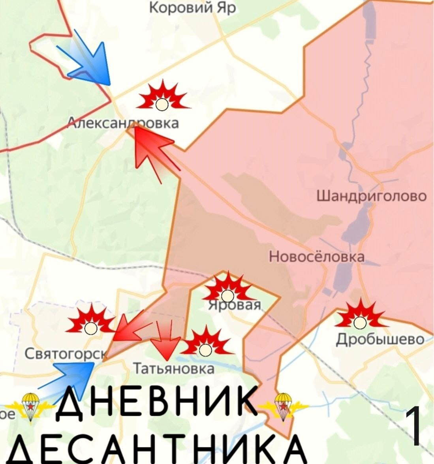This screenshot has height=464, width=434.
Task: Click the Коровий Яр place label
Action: click(192, 7)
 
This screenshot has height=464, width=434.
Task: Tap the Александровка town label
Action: click(124, 123)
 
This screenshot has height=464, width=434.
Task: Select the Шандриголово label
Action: click(372, 196)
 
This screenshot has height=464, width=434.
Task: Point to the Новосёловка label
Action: click(317, 256)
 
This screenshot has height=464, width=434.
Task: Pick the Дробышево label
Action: click(380, 339)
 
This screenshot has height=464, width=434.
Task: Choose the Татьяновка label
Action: click(174, 369)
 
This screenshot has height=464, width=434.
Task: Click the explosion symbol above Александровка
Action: click(162, 96)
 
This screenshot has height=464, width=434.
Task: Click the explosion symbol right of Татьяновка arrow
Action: click(205, 344)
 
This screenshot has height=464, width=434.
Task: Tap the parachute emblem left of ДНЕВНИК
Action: click(30, 406)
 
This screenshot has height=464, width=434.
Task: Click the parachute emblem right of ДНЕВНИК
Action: click(282, 406)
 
